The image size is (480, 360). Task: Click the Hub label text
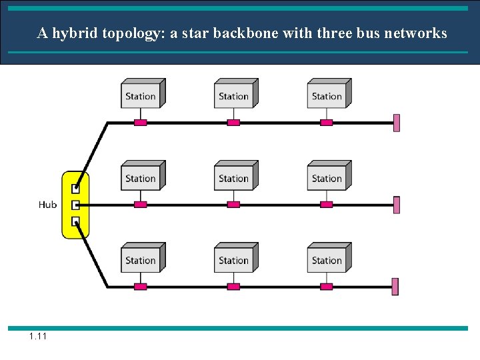pyautogui.click(x=47, y=205)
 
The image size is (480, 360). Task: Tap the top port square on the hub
pyautogui.click(x=75, y=189)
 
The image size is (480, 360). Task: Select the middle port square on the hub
pyautogui.click(x=75, y=205)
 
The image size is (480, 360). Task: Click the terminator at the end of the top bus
pyautogui.click(x=397, y=123)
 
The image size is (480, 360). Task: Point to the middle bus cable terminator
pyautogui.click(x=397, y=205)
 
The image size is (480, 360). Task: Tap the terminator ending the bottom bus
pyautogui.click(x=395, y=287)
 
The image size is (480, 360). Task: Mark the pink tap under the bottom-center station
pyautogui.click(x=233, y=287)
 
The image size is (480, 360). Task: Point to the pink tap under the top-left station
pyautogui.click(x=140, y=123)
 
